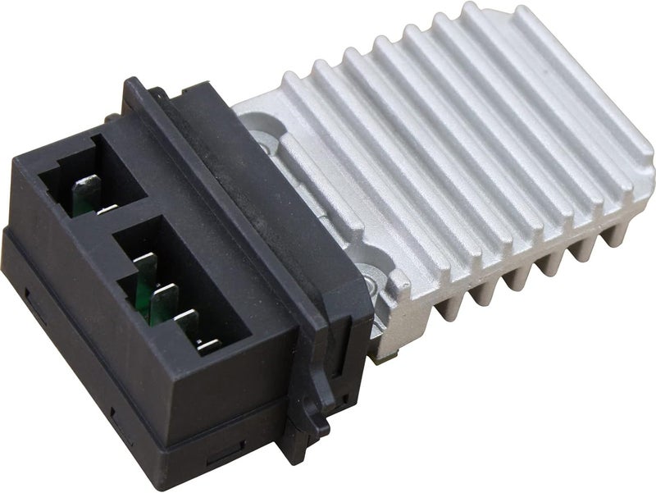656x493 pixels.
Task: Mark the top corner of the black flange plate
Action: coord(131,80)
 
